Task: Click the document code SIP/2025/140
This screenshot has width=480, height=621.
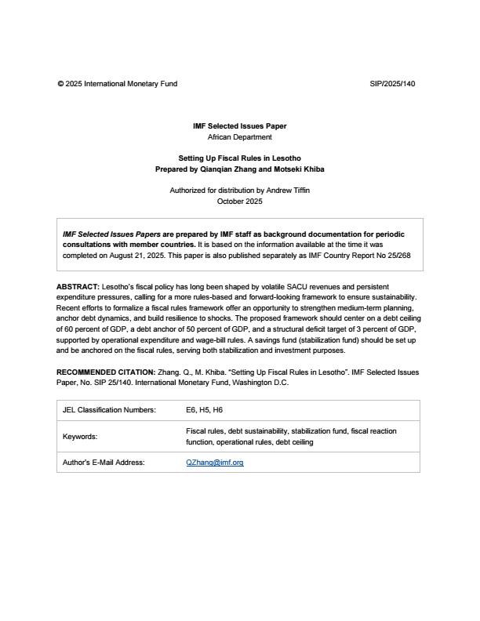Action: click(392, 83)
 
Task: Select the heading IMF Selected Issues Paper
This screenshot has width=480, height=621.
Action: click(239, 125)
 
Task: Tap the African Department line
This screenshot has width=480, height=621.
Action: click(239, 136)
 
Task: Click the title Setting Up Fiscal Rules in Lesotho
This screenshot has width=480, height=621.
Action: click(239, 158)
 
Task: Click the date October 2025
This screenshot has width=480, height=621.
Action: click(239, 202)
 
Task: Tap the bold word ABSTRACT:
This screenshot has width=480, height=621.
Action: click(78, 287)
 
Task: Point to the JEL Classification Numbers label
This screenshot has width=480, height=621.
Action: click(109, 410)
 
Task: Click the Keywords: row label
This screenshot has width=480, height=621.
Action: click(79, 437)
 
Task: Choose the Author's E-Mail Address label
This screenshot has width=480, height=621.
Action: click(104, 463)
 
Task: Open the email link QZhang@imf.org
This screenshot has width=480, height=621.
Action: click(214, 463)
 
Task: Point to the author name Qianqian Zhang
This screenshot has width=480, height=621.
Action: click(230, 169)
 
